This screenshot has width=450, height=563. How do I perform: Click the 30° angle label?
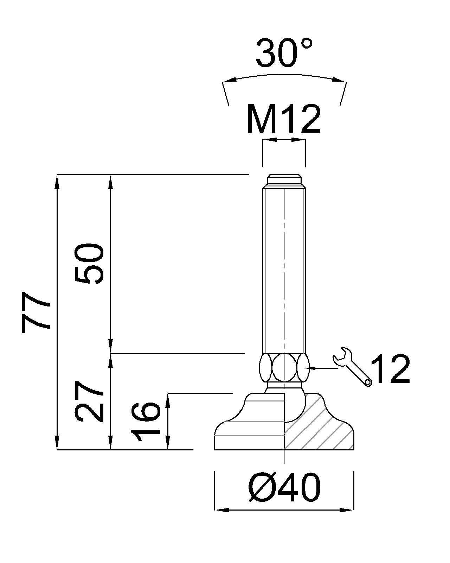(283, 53)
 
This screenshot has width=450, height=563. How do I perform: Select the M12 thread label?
(283, 120)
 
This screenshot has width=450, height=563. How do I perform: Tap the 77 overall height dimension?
(35, 312)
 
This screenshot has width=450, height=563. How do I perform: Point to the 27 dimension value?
(89, 402)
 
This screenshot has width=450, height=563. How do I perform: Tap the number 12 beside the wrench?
(390, 369)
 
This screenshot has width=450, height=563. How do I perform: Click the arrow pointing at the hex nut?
(313, 368)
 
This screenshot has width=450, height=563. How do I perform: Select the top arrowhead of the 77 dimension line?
(57, 179)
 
